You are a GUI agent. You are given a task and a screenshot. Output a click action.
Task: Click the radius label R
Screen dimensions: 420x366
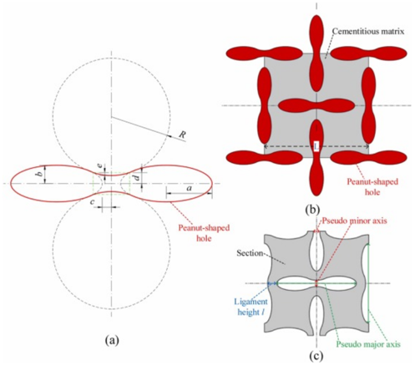[182, 135]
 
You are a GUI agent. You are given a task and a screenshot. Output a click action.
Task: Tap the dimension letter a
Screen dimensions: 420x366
[190, 188]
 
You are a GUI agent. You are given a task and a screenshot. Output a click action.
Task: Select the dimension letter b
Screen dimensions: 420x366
[40, 174]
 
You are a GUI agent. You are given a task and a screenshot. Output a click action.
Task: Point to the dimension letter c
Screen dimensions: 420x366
[93, 202]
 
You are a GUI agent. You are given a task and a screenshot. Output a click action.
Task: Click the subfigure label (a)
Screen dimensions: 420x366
[112, 340]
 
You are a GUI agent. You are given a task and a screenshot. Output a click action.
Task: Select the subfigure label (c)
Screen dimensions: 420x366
[316, 356]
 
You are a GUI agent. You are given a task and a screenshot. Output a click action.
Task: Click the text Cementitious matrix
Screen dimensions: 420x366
[368, 31]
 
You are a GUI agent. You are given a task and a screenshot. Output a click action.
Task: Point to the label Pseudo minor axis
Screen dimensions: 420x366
[354, 221]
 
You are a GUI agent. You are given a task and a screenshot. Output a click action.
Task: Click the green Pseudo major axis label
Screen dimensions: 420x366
[368, 344]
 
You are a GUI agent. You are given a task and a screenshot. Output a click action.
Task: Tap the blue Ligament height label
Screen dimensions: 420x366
[250, 307]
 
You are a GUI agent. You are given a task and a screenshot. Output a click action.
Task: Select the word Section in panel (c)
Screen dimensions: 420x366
[250, 253]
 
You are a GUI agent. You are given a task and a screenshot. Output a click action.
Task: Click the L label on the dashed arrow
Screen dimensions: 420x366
[316, 146]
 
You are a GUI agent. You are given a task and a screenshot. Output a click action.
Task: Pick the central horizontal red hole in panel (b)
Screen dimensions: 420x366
[316, 106]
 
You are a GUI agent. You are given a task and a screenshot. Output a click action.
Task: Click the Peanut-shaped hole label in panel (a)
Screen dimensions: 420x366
[204, 233]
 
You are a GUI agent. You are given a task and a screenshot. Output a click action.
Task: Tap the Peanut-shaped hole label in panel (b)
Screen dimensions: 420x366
[372, 187]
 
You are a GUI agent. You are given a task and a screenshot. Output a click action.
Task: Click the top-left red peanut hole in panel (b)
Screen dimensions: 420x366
[264, 53]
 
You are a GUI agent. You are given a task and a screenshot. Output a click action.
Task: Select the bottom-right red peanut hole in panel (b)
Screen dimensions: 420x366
[369, 158]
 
